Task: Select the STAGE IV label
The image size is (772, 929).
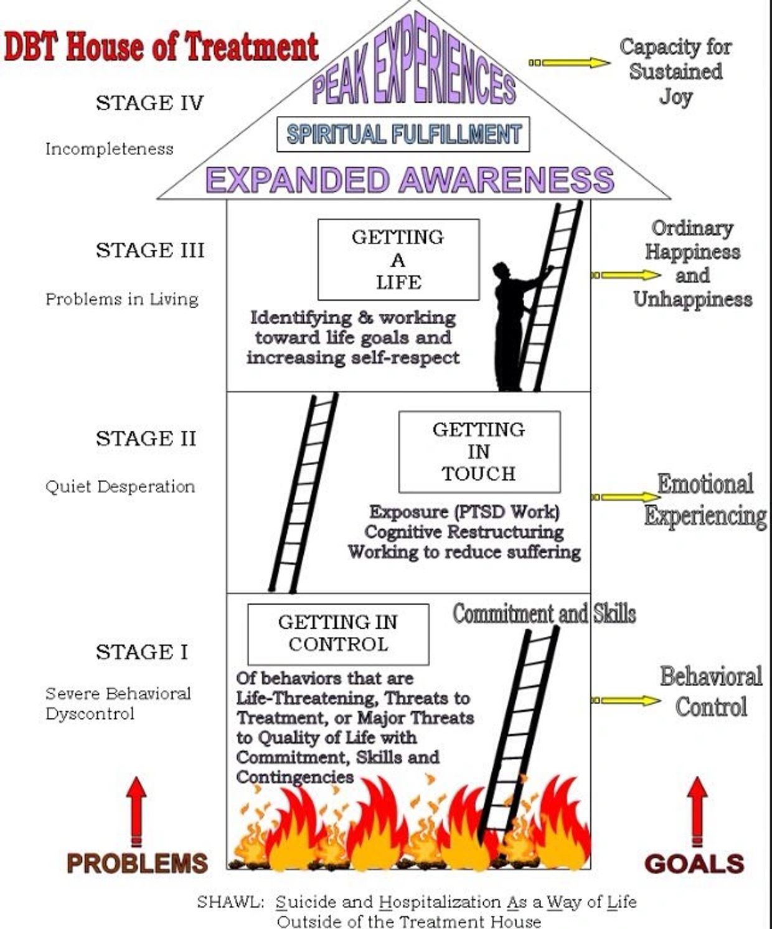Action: coord(149,103)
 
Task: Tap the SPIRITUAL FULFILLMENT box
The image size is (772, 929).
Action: coord(403,134)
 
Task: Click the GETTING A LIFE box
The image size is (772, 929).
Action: coord(398,260)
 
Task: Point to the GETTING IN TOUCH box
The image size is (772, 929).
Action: coord(479,451)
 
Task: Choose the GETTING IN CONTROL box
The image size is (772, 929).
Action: coord(338,633)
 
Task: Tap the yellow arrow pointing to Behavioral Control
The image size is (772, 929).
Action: coord(626,700)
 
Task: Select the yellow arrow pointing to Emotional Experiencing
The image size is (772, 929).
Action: coord(626,497)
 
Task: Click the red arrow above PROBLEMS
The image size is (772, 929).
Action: coord(137,809)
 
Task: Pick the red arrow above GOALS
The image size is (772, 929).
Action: coord(697,809)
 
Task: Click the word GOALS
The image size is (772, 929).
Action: coord(694,864)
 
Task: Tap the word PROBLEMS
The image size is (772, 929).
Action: coord(137,864)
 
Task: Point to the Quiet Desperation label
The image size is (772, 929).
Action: coord(120,486)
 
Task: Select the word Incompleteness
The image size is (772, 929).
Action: coord(110,149)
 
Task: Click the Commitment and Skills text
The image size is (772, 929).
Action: coord(544,614)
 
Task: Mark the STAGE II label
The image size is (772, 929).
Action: coord(146,438)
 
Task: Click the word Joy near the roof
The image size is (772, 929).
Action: coord(675,97)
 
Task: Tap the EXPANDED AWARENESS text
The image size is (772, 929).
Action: coord(410,179)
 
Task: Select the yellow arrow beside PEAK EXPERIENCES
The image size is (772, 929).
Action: coord(570,62)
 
